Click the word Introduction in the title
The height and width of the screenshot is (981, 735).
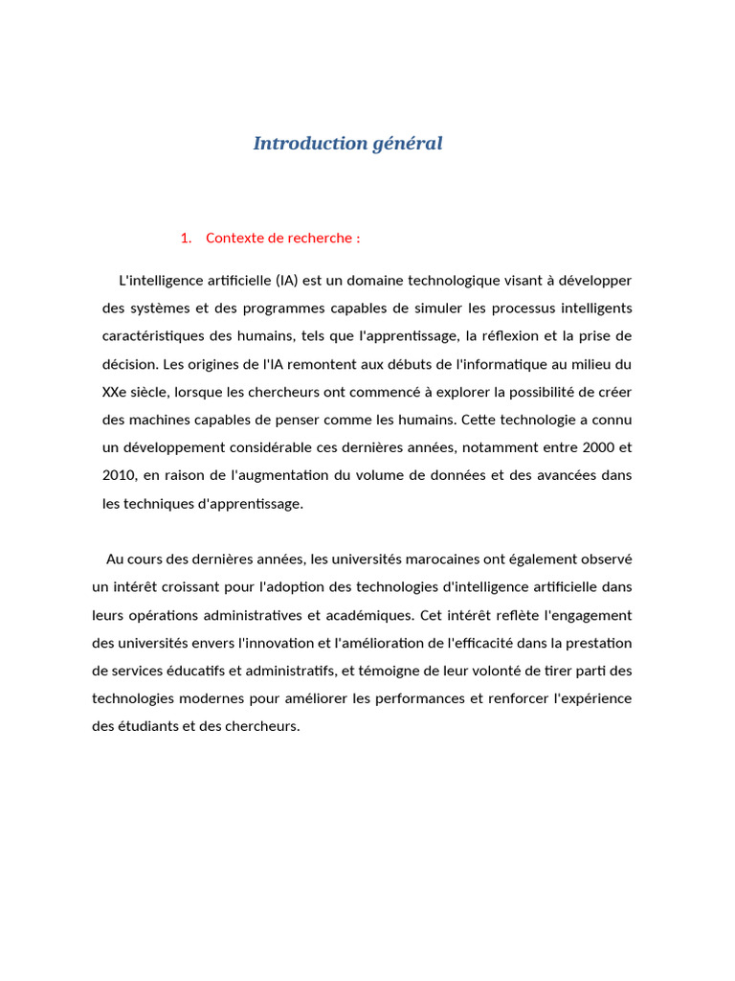(x=299, y=144)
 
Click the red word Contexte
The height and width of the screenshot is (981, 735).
(x=234, y=239)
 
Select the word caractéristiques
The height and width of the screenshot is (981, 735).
(x=160, y=336)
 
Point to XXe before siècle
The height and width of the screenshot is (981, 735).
(x=116, y=392)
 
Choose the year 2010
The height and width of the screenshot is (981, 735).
(x=120, y=475)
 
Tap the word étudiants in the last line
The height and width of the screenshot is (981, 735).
(x=165, y=726)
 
